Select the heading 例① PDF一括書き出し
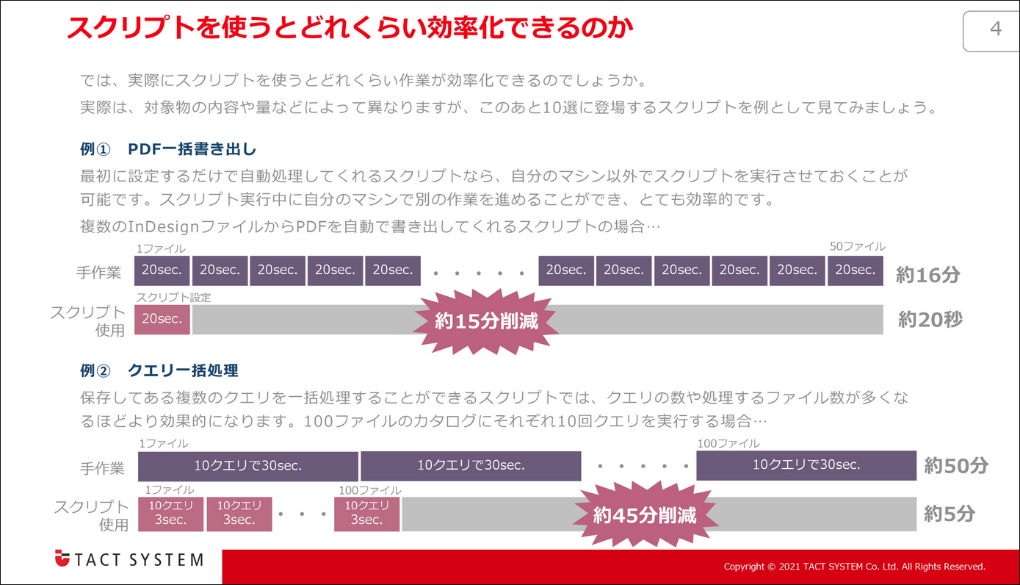point(168,149)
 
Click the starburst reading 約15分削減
point(486,321)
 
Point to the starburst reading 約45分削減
point(644,514)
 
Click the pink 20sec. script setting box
point(162,320)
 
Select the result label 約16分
point(927,275)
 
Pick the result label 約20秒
point(930,320)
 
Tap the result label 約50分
point(955,465)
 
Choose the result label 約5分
point(949,514)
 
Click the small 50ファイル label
point(857,247)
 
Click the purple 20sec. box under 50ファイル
point(856,270)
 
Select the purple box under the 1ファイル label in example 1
point(162,270)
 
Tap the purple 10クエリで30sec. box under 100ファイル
point(806,465)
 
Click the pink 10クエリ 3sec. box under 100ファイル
point(366,513)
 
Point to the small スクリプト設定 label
point(173,298)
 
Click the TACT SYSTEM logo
point(129,559)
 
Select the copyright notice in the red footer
point(854,567)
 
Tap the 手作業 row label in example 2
point(103,468)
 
